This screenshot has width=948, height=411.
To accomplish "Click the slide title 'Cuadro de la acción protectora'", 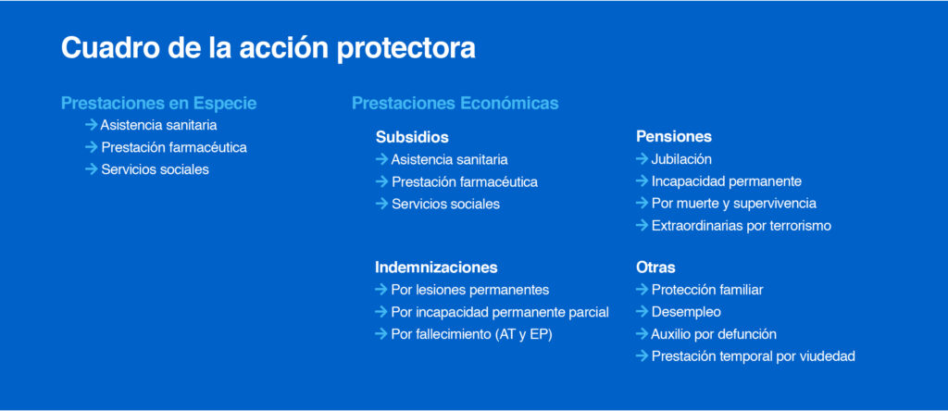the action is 268,48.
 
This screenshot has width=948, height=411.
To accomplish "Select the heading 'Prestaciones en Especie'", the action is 159,104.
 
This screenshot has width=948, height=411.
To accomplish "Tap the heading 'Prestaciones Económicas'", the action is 455,104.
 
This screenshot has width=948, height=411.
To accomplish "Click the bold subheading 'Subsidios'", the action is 412,137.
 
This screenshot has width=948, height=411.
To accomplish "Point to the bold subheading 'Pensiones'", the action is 674,137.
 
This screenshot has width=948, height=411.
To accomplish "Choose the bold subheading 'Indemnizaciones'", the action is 437,268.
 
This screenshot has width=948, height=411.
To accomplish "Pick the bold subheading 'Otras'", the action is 655,268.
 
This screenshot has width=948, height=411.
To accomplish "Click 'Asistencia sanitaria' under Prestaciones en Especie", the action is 158,126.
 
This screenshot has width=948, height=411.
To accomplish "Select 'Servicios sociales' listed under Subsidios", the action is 445,205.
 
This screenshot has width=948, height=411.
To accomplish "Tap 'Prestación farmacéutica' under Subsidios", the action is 465,182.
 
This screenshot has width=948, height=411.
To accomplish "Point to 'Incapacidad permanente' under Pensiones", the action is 726,182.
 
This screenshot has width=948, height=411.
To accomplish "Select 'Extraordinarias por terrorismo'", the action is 742,226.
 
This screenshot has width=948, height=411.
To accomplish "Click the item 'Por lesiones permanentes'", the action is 469,290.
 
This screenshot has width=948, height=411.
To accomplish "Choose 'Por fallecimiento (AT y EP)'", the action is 471,334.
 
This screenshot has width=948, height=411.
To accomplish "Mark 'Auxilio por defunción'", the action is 714,334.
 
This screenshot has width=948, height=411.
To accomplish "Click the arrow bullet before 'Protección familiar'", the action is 642,290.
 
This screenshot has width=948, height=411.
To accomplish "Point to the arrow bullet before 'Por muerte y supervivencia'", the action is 642,203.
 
